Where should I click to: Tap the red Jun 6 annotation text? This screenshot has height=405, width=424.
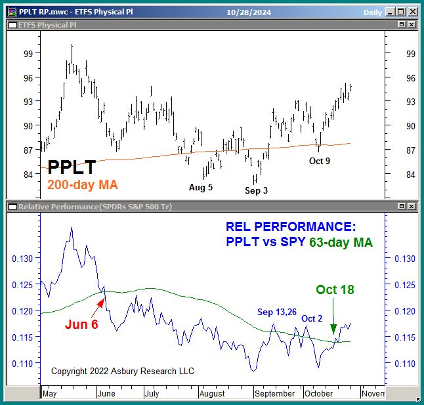pos(81,324)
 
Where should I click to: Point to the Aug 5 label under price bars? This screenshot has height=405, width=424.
pos(201,187)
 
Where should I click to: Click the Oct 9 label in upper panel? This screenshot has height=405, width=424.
pos(320,161)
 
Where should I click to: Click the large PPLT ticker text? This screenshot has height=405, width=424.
pos(72,168)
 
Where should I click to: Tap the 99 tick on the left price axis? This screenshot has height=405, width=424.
pos(28,53)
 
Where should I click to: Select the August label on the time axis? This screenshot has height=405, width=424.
pos(211,393)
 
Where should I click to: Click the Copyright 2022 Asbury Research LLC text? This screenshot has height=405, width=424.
pos(123,372)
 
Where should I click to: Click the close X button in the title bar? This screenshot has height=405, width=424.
pos(411,11)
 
